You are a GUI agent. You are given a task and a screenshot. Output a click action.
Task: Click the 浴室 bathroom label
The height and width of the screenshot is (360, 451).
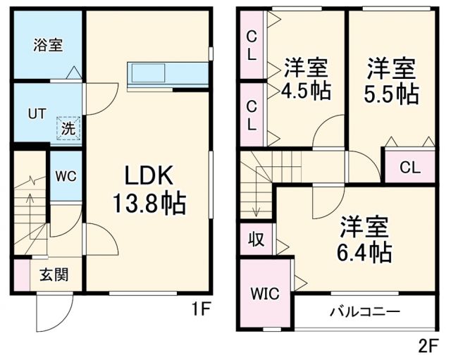click(x=48, y=45)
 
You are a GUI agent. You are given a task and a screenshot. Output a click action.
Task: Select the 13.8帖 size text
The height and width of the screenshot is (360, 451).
click(x=149, y=204)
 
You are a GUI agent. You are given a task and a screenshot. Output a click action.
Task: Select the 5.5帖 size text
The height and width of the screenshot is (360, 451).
click(x=391, y=94)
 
